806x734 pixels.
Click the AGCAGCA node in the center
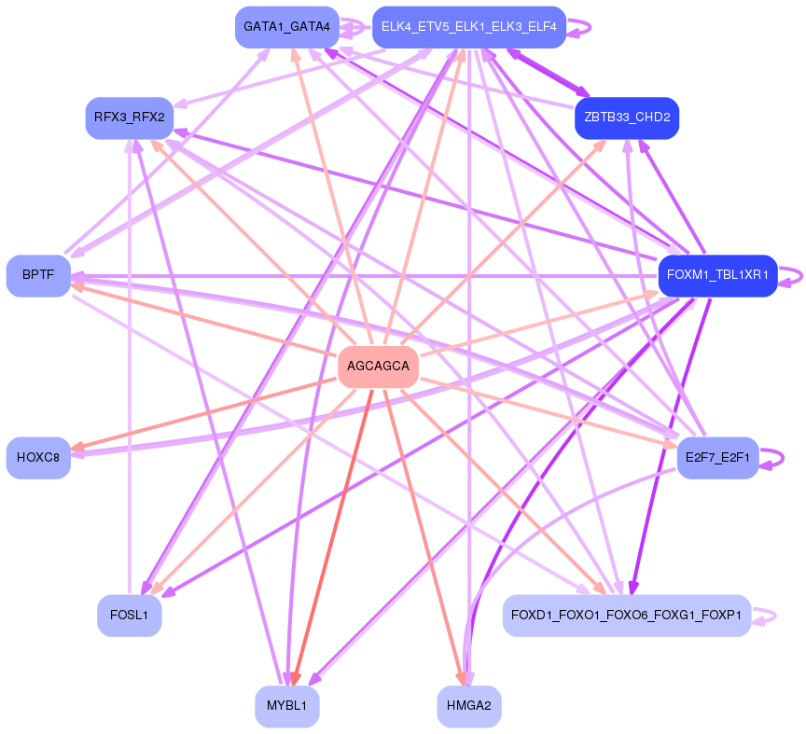(x=378, y=366)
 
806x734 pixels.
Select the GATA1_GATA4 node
(x=286, y=27)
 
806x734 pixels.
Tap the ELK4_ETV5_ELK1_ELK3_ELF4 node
(x=468, y=27)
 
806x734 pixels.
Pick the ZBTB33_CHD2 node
(x=627, y=118)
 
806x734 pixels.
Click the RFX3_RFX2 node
(x=129, y=118)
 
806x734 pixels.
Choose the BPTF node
(x=38, y=276)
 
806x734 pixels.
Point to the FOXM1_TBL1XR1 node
(x=717, y=275)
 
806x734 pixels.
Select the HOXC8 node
(x=38, y=457)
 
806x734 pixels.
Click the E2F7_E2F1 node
(x=717, y=457)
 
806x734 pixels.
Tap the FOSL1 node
(x=129, y=616)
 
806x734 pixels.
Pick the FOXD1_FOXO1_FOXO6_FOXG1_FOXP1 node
(x=627, y=616)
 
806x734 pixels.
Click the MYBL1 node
(x=286, y=706)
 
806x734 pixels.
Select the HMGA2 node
(x=468, y=706)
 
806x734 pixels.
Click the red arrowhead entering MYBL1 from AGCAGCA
(x=295, y=679)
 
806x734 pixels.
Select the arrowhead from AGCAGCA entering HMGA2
(x=460, y=679)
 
